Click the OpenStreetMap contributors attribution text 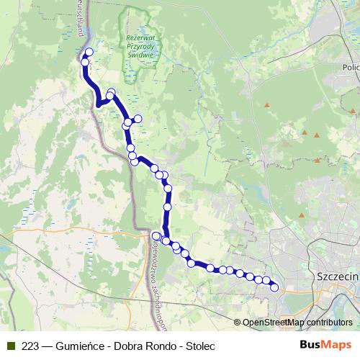click(x=297, y=323)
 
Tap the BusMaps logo click(x=326, y=345)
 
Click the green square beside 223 click(x=10, y=346)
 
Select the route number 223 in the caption click(x=30, y=346)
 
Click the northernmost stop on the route click(x=89, y=52)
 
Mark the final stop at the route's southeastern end click(x=274, y=288)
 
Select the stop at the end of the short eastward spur click(x=138, y=119)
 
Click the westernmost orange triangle click(x=266, y=106)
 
